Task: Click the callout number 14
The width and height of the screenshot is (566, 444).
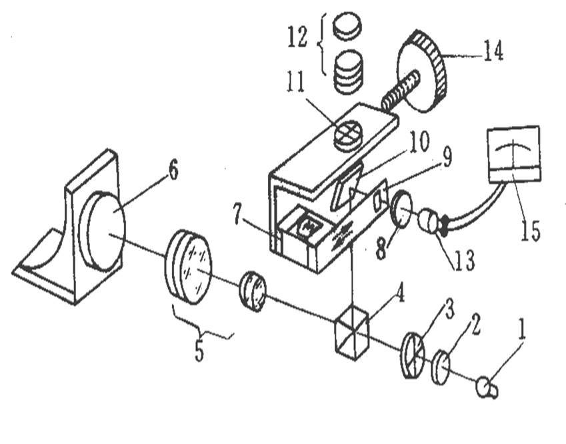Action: [493, 51]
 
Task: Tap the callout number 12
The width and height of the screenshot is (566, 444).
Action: [297, 37]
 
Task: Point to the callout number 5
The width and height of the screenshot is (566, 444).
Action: [199, 350]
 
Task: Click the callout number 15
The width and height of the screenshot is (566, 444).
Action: [531, 230]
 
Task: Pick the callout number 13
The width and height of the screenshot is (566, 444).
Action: [465, 260]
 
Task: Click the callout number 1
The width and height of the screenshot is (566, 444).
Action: [521, 329]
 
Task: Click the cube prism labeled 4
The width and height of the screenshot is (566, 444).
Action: [352, 334]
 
